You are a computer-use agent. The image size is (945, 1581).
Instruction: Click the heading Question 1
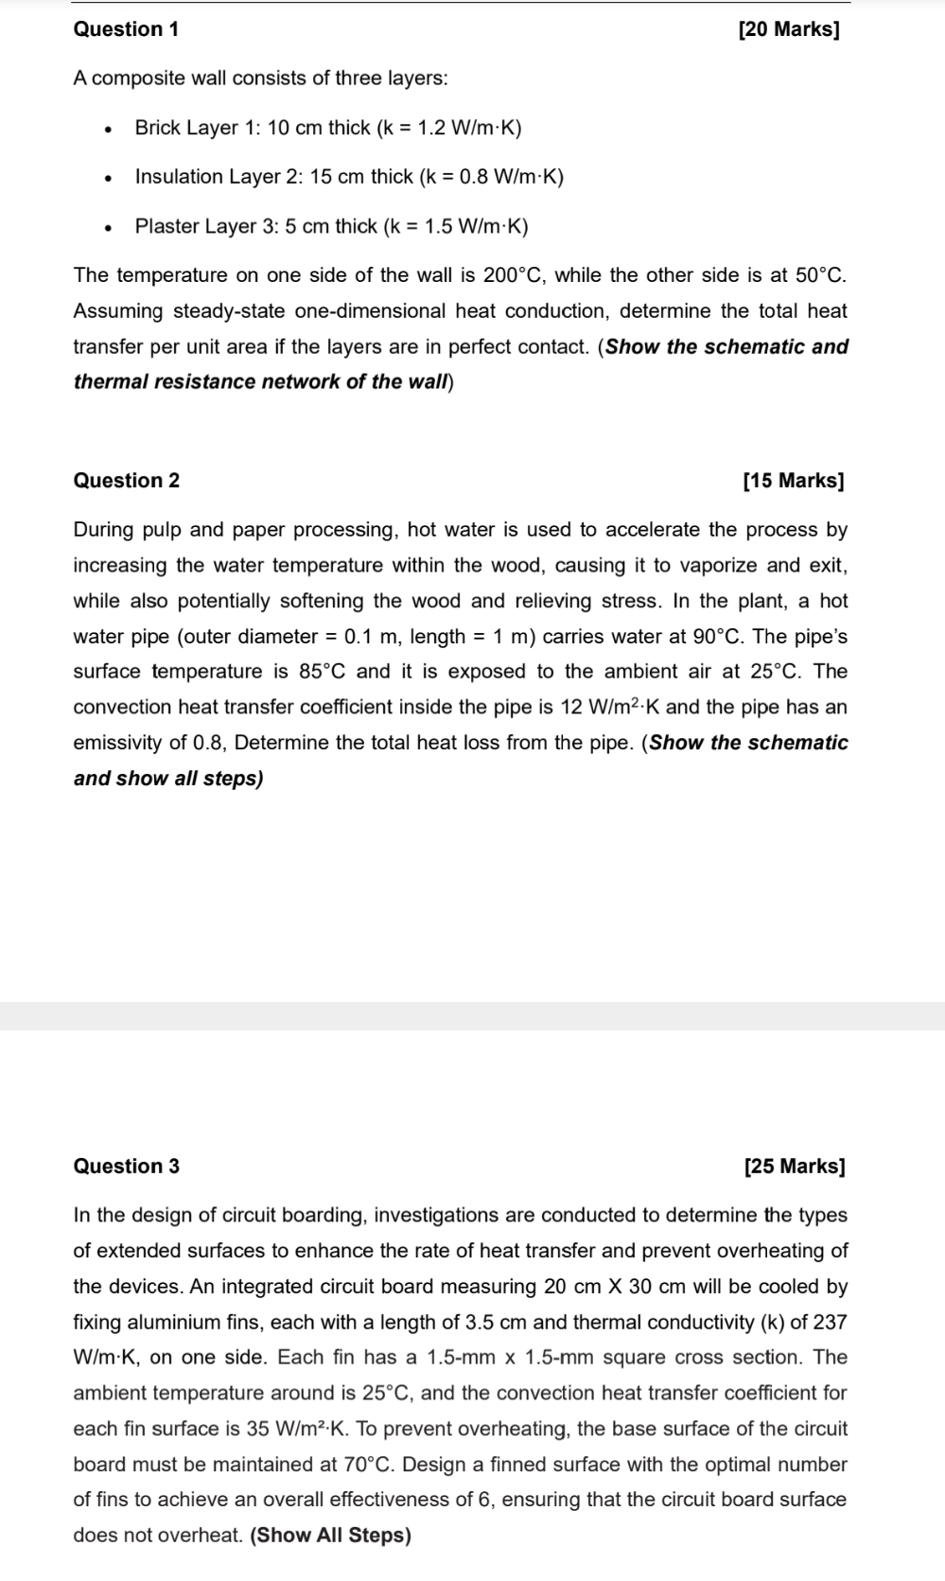[126, 29]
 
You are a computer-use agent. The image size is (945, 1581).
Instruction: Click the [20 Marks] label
[788, 29]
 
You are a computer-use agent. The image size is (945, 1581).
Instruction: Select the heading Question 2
[126, 481]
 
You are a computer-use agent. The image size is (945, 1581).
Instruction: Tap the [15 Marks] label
[794, 481]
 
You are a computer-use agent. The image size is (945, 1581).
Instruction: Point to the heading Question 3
[126, 1167]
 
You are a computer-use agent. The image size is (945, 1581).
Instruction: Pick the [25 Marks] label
[795, 1167]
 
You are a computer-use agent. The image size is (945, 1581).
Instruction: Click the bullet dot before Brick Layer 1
[111, 129]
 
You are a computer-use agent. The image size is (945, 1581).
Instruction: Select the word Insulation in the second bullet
[179, 177]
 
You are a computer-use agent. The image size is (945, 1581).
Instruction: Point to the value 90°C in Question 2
[720, 637]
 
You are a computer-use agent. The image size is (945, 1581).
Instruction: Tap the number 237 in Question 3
[830, 1322]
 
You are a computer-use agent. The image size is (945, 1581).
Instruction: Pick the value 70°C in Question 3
[367, 1465]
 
